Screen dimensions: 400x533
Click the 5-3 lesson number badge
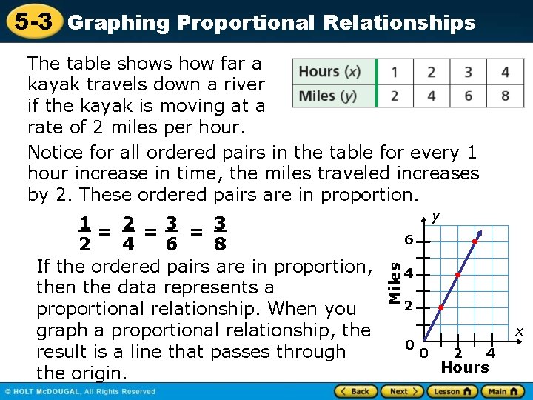[31, 21]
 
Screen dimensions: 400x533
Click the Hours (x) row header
[330, 72]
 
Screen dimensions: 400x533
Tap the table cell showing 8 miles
[505, 96]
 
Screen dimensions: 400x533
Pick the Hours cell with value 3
[468, 72]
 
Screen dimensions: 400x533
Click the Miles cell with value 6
[468, 96]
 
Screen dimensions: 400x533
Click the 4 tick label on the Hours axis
[490, 354]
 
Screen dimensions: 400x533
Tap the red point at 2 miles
[440, 307]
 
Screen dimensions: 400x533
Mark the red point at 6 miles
[475, 241]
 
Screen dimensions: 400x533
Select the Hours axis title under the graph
[465, 367]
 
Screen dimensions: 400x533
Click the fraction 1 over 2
[86, 233]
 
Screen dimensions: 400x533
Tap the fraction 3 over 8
[220, 233]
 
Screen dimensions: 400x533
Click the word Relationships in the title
[399, 23]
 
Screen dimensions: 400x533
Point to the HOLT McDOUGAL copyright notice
[81, 391]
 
